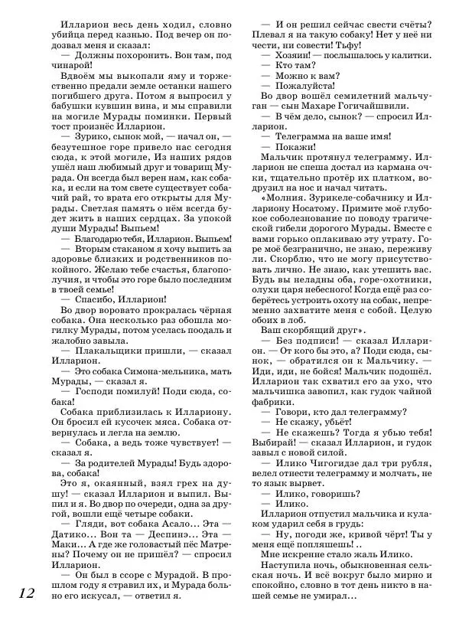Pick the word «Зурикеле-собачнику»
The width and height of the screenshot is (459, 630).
pyautogui.click(x=355, y=194)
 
